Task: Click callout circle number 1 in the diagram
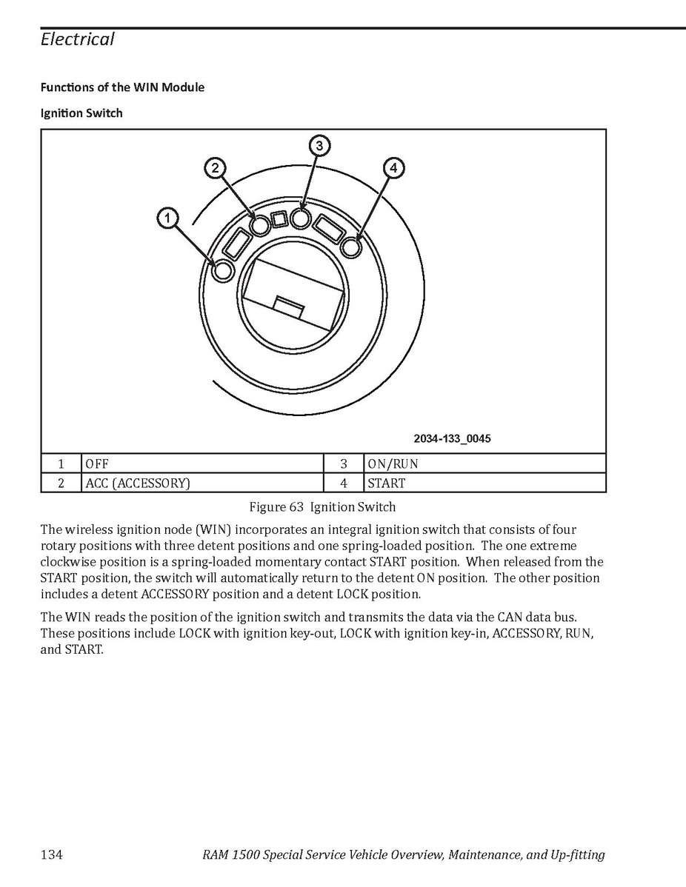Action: [x=168, y=218]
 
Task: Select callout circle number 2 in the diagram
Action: [x=215, y=168]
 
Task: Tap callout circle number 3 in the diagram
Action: [x=319, y=146]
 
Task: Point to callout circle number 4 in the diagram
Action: [x=393, y=168]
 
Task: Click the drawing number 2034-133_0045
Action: [x=452, y=439]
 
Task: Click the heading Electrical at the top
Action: [x=78, y=39]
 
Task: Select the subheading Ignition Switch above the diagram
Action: [x=81, y=113]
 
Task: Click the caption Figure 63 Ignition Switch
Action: [x=322, y=507]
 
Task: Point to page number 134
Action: [x=51, y=855]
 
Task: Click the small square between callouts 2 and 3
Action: [x=279, y=219]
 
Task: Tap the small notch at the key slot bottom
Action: [x=289, y=305]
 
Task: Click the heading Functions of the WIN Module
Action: [x=122, y=87]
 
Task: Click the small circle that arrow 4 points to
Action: [x=352, y=247]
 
